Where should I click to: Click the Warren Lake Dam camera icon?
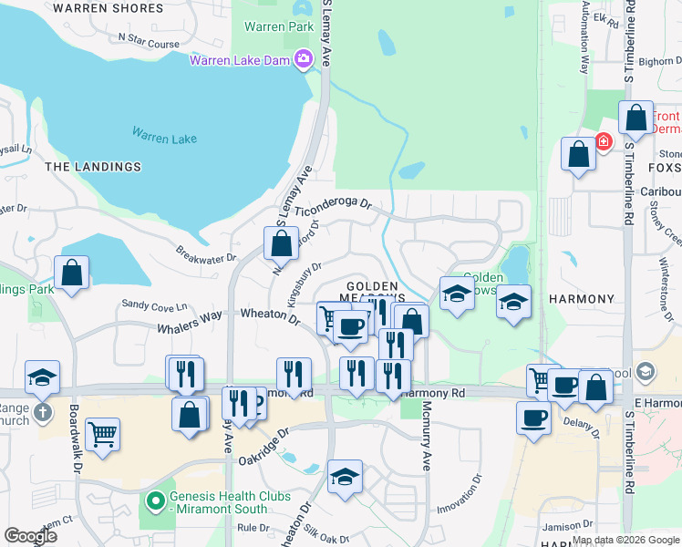click(303, 60)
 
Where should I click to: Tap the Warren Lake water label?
click(163, 138)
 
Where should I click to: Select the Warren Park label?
click(279, 26)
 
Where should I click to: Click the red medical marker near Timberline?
click(603, 141)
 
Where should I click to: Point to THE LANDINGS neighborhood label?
click(93, 167)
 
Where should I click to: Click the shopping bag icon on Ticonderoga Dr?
click(282, 243)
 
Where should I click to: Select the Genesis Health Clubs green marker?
click(155, 499)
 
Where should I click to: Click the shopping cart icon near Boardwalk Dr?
click(102, 433)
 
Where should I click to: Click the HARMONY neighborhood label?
click(582, 299)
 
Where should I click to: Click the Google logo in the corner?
click(31, 536)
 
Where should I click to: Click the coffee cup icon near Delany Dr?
click(533, 418)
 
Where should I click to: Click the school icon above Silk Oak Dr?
click(344, 478)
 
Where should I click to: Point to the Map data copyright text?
click(625, 540)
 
